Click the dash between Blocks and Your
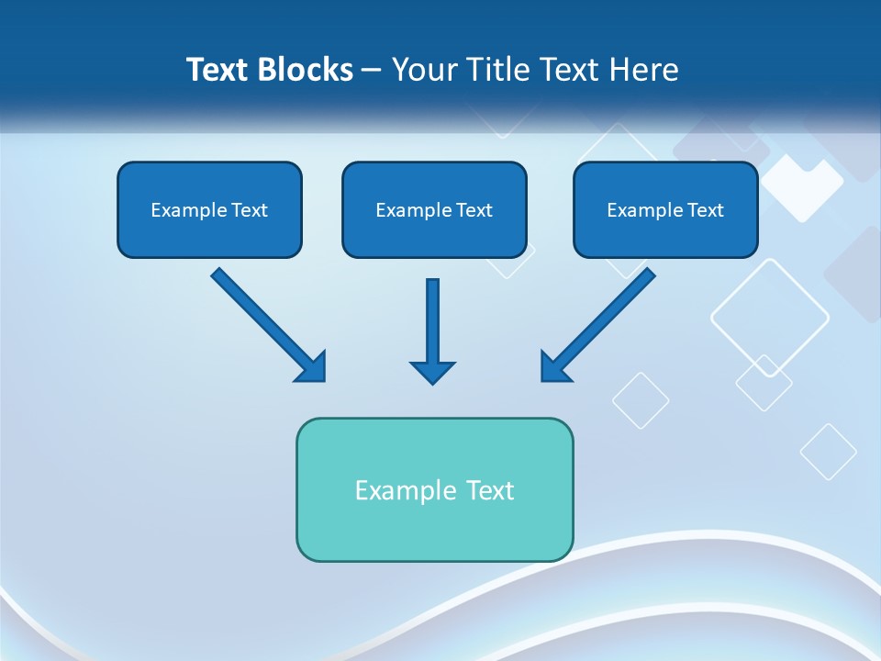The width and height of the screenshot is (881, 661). pos(372,71)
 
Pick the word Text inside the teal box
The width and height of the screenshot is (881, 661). pos(490,490)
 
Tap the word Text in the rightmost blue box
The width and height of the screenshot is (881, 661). pos(704,210)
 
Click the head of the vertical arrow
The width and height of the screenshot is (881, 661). pos(432,372)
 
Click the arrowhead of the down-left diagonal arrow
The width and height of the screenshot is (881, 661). pos(554,366)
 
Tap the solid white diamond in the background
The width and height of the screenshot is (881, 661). pos(801,186)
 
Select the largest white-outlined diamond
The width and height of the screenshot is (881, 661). pos(769,317)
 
